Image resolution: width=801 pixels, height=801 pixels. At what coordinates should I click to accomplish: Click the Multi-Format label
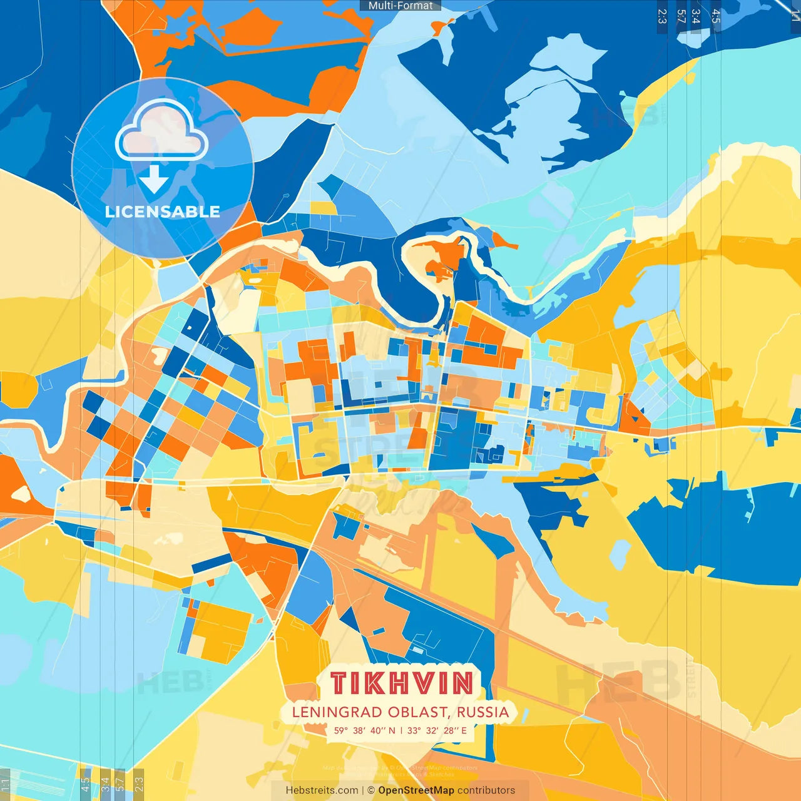[400, 6]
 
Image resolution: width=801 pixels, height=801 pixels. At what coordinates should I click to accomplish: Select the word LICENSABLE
[163, 212]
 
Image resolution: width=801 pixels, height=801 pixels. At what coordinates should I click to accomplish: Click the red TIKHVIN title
[401, 683]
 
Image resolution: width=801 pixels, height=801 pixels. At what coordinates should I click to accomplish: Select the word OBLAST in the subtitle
[418, 712]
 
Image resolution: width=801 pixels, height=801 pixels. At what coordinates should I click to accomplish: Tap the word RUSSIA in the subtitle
[482, 712]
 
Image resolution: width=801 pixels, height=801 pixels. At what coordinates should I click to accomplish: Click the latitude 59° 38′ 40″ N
[365, 730]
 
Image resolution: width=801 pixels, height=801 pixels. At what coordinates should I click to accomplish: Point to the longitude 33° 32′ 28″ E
[437, 730]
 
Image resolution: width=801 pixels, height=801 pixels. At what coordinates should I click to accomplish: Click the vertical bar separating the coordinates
[401, 730]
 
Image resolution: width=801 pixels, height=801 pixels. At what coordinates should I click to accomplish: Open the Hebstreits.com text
[322, 790]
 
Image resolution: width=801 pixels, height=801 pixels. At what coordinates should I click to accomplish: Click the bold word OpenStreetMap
[416, 790]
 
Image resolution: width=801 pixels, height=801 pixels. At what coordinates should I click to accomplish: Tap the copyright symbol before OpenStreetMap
[371, 790]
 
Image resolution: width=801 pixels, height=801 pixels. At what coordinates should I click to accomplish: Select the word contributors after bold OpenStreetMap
[486, 790]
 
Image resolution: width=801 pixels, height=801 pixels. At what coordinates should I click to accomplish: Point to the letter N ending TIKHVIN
[462, 683]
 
